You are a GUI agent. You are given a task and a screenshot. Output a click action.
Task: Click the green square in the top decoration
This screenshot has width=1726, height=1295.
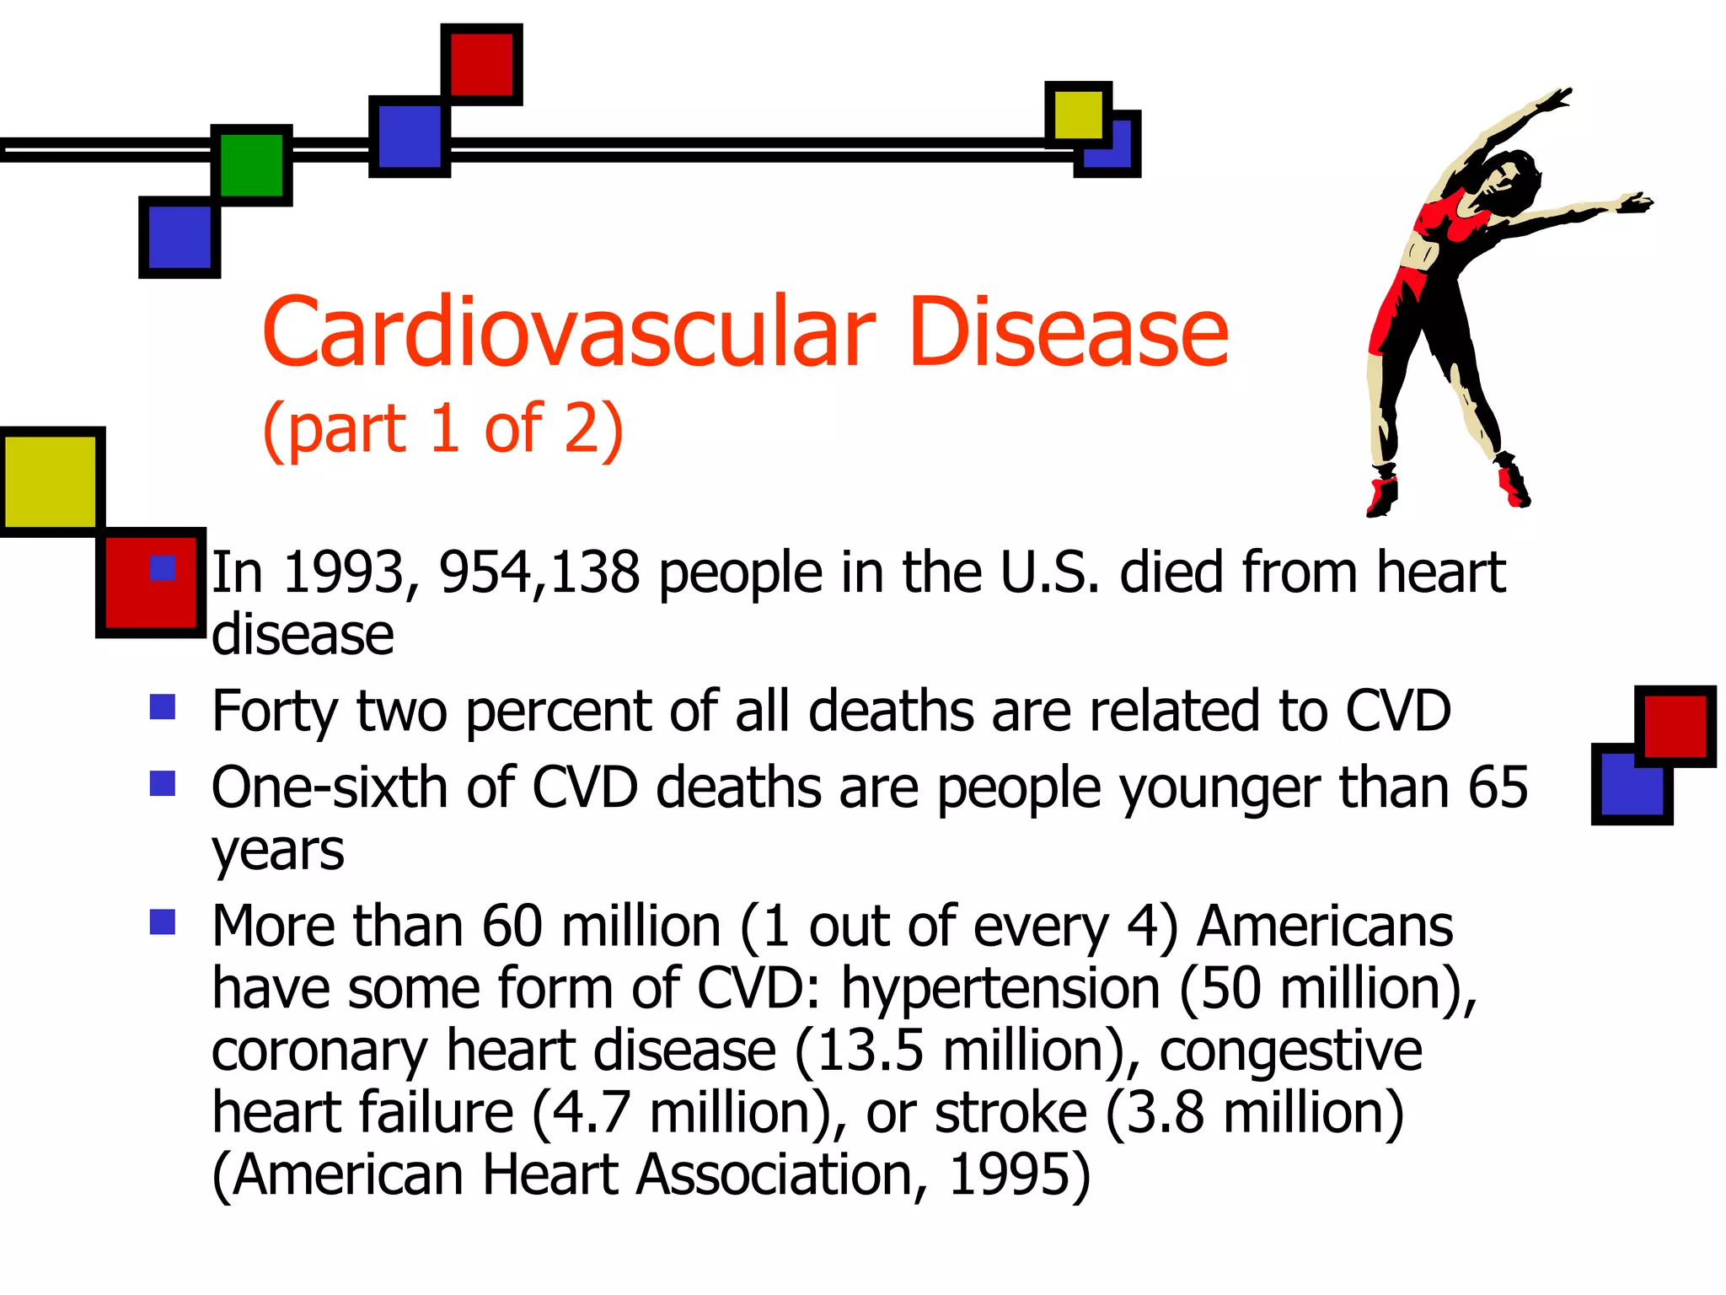pos(251,165)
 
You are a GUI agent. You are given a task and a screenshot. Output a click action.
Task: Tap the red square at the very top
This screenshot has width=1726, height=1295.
pos(481,64)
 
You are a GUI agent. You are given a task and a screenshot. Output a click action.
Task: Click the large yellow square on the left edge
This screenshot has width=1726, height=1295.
pos(51,481)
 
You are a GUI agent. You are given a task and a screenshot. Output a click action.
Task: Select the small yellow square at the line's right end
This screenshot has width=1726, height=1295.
pos(1077,115)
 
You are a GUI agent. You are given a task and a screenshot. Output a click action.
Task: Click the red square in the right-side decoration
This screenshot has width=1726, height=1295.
pos(1675,725)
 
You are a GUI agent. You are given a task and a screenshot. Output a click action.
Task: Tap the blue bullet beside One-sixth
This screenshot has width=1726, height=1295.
pos(163,783)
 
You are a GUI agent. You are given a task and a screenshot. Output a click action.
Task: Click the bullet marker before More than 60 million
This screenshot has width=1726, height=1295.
pos(163,922)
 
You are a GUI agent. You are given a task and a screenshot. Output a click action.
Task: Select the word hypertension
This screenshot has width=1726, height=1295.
pos(1000,989)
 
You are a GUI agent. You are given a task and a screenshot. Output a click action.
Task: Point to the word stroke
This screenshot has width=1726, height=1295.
pos(1010,1113)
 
